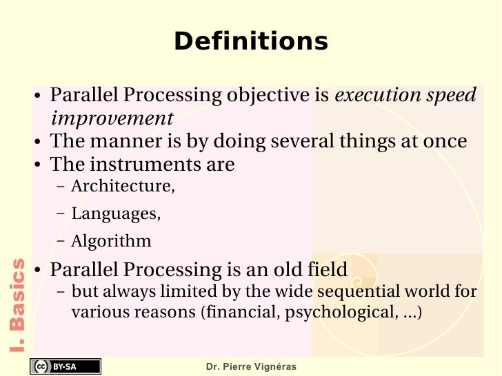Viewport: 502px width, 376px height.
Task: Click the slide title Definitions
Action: tap(251, 41)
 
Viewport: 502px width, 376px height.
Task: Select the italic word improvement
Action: tap(112, 118)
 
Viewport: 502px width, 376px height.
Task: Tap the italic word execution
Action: tap(376, 95)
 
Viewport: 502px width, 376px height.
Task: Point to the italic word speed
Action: tap(450, 95)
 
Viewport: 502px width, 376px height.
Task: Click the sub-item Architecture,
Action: tap(123, 187)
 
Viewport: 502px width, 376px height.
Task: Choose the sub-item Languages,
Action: tap(116, 214)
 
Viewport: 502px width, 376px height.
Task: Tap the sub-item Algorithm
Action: tap(111, 242)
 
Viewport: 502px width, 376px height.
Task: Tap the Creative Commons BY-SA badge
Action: tap(65, 366)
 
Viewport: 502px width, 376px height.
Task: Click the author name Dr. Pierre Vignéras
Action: tap(251, 367)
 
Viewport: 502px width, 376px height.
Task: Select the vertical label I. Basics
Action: tap(18, 304)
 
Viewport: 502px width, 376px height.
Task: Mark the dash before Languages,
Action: tap(61, 214)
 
